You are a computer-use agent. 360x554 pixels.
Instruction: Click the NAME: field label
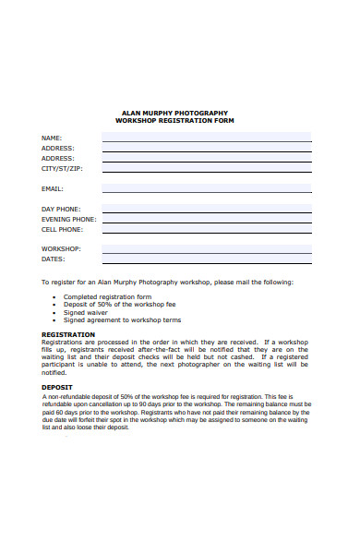(x=52, y=138)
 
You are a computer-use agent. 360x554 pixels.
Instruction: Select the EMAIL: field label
(x=54, y=188)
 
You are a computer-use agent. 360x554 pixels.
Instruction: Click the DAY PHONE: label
(x=61, y=210)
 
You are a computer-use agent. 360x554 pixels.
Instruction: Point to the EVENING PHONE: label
(x=68, y=220)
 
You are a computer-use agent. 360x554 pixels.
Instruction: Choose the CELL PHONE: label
(x=62, y=230)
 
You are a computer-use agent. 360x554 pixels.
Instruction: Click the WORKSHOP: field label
(x=61, y=249)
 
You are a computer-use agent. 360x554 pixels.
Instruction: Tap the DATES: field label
(x=54, y=259)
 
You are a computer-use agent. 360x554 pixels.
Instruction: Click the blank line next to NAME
(x=206, y=138)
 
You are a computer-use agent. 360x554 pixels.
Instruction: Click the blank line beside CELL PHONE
(x=206, y=231)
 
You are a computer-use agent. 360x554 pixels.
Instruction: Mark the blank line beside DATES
(x=206, y=260)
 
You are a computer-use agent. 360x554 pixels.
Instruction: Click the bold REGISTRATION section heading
(x=68, y=334)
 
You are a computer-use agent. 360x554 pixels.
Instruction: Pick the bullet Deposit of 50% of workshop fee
(x=119, y=304)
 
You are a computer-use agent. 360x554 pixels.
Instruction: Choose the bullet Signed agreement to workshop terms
(x=122, y=319)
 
